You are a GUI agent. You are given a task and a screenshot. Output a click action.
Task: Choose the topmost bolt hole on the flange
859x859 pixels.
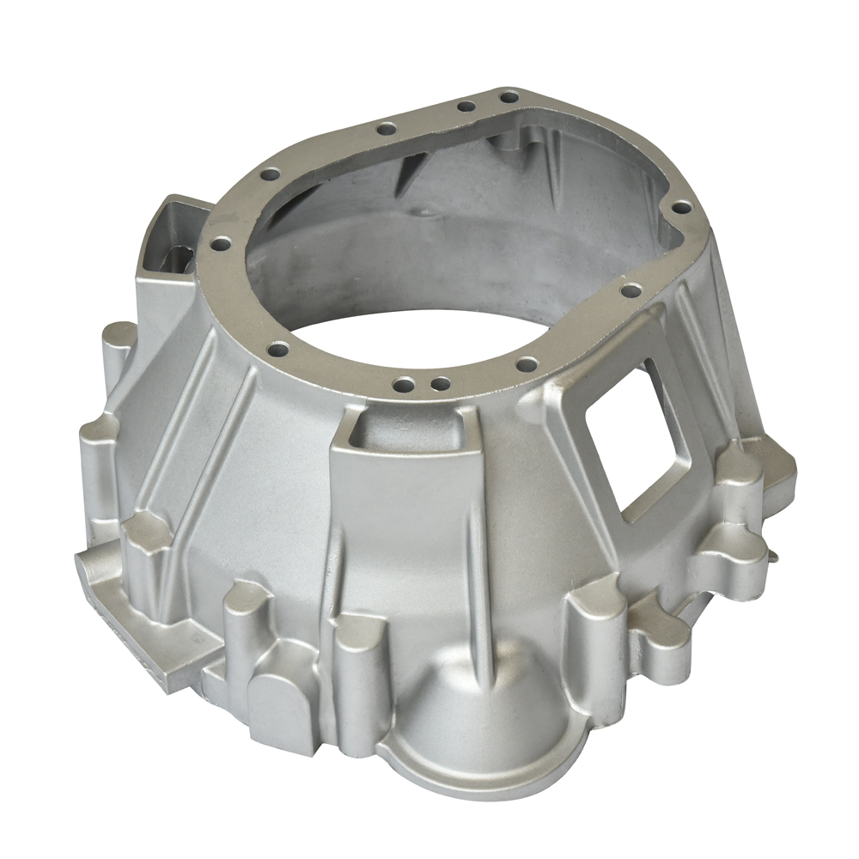tap(509, 97)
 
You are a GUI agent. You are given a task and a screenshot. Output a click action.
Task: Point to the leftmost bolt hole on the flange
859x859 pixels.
tap(220, 244)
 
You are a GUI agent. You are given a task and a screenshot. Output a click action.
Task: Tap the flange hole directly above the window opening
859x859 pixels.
tap(631, 291)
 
